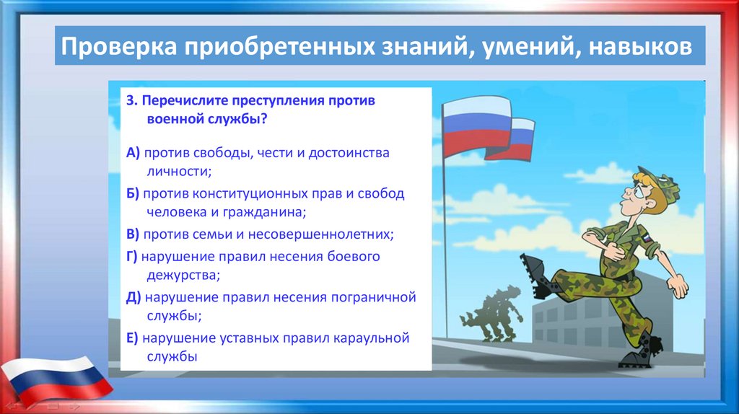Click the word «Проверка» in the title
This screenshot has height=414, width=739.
(x=119, y=46)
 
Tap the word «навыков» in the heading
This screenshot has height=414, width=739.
(x=640, y=46)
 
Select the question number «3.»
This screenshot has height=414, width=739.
(x=132, y=100)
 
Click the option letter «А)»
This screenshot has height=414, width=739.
(x=133, y=153)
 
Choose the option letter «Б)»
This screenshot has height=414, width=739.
(x=133, y=193)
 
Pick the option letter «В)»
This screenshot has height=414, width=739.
(x=133, y=234)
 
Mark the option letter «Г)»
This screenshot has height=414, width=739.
(x=131, y=257)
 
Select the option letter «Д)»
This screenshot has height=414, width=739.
(x=134, y=298)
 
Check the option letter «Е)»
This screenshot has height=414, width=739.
(x=132, y=338)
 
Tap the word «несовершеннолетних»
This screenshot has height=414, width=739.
(x=320, y=234)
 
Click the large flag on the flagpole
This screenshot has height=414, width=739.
(x=476, y=127)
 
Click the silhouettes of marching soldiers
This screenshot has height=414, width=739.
(x=491, y=312)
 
